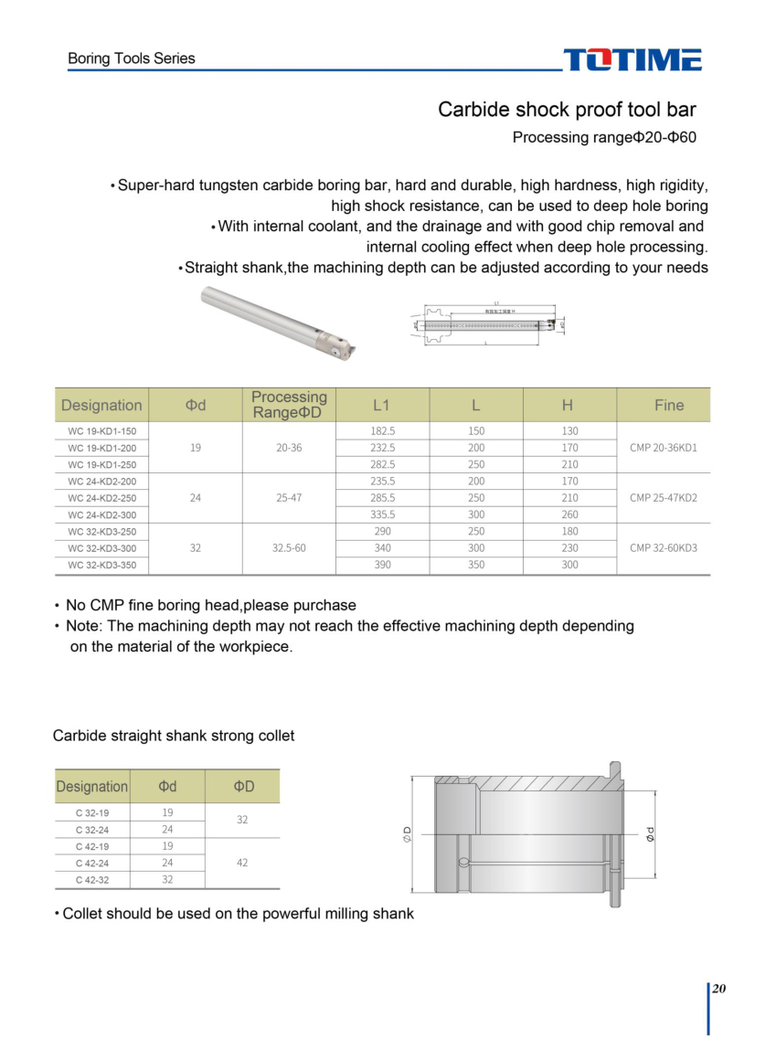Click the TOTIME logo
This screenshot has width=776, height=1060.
[x=632, y=60]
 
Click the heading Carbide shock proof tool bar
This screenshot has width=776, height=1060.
[x=567, y=111]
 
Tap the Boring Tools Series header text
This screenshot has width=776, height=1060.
[x=132, y=58]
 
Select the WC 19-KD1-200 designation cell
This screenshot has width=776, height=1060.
[x=101, y=448]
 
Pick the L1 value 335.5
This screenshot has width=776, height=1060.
[x=382, y=514]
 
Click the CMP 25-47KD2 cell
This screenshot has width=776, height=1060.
[x=663, y=498]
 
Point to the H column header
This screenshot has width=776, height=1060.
[x=569, y=405]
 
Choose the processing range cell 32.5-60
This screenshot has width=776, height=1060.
[x=289, y=548]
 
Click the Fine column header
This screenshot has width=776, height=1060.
[x=669, y=405]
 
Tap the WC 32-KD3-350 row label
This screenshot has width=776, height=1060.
[x=101, y=565]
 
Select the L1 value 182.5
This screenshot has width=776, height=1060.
[x=382, y=430]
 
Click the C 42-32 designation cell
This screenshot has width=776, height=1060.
[x=92, y=879]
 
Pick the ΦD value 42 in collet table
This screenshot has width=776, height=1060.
[x=242, y=863]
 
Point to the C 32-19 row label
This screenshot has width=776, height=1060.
[x=92, y=812]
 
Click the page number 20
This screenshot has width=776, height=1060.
[x=719, y=989]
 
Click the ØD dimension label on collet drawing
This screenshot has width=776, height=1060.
[x=407, y=833]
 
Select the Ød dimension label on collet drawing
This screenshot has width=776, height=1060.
[x=650, y=833]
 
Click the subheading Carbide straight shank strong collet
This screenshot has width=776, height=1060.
[x=174, y=736]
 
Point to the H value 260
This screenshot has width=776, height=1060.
[x=569, y=514]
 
